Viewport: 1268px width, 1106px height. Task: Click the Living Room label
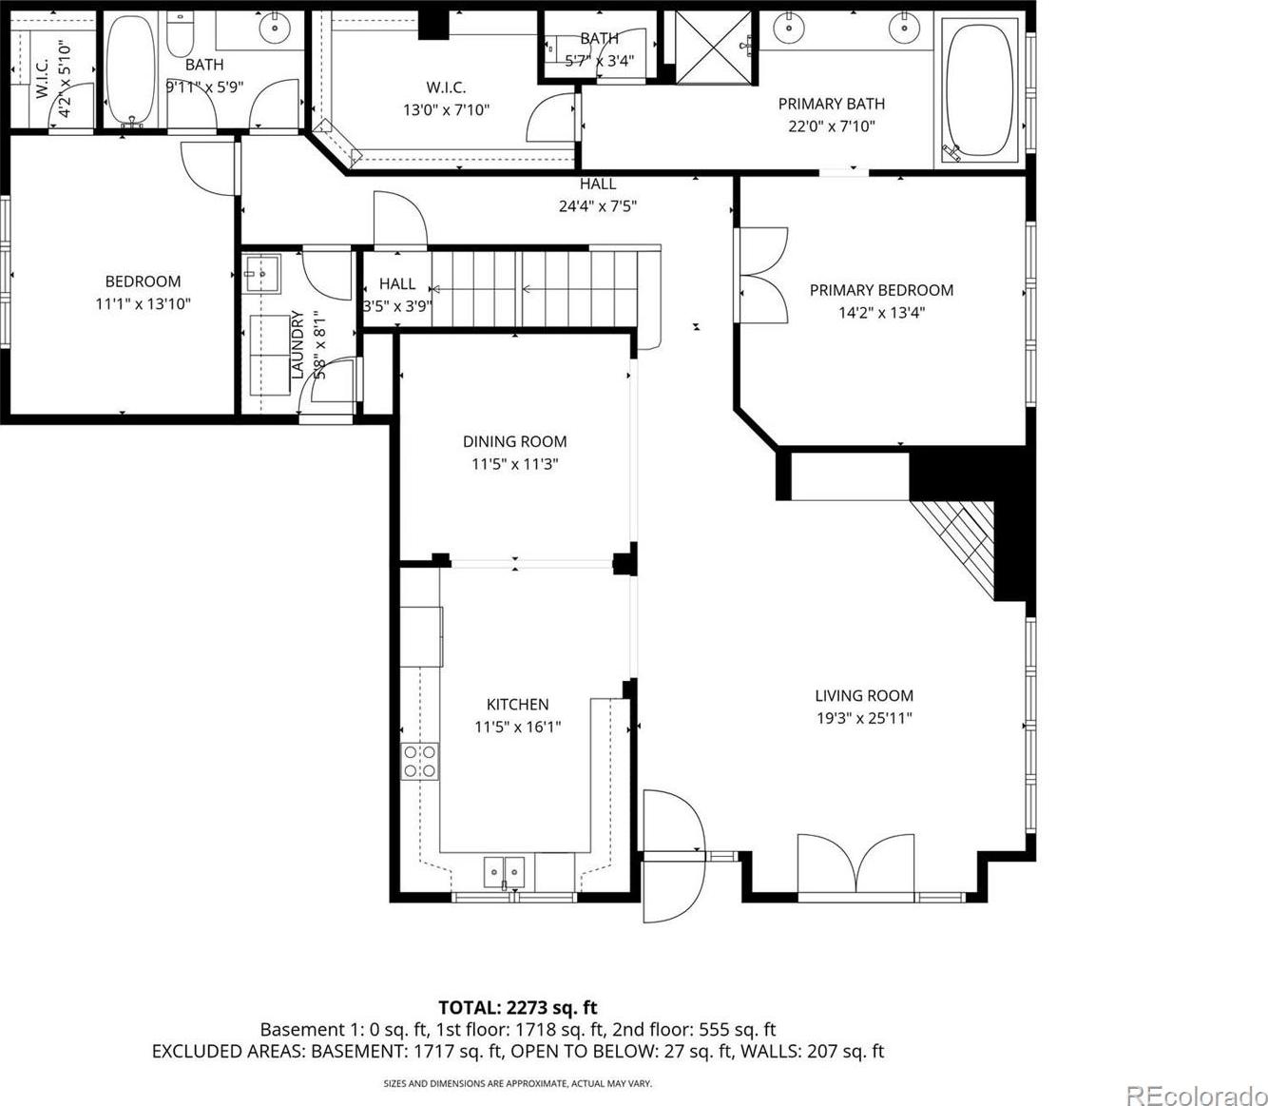point(864,695)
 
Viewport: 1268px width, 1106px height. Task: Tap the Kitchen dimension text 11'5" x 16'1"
point(517,727)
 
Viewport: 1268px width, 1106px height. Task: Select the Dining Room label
point(514,441)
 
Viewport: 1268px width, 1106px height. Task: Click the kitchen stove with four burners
point(419,761)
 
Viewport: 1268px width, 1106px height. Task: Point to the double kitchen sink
point(504,872)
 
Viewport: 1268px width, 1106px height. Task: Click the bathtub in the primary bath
point(979,91)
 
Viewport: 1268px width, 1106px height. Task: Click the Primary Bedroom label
point(881,290)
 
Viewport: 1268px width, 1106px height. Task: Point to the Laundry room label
point(298,344)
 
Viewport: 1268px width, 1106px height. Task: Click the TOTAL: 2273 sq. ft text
point(518,1007)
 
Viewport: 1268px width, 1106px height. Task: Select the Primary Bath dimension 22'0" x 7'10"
point(831,126)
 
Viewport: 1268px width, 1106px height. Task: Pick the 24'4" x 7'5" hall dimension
point(598,205)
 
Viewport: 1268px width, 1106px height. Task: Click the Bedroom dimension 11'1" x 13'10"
point(143,303)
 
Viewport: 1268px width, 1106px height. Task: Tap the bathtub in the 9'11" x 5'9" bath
point(131,71)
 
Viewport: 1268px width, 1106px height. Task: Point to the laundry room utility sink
point(260,274)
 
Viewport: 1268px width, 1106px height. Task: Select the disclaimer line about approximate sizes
point(517,1084)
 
